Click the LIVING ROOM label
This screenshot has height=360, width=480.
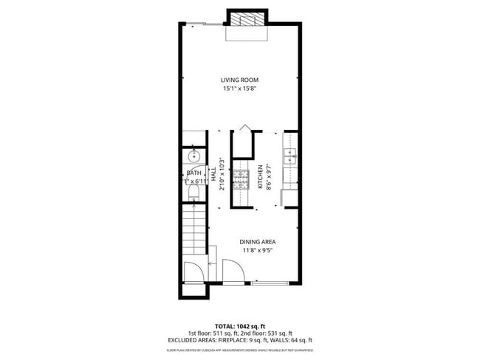[239, 80]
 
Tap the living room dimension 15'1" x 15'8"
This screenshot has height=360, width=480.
[239, 89]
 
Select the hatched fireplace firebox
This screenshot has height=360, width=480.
[245, 20]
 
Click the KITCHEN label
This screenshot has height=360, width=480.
[260, 177]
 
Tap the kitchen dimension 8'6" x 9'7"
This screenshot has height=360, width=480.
[268, 177]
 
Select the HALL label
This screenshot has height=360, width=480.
[214, 176]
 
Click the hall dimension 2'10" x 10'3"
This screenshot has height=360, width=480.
[222, 174]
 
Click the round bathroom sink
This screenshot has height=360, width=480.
[195, 156]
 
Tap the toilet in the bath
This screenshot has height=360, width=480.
[194, 193]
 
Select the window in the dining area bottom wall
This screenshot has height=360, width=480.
[270, 283]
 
